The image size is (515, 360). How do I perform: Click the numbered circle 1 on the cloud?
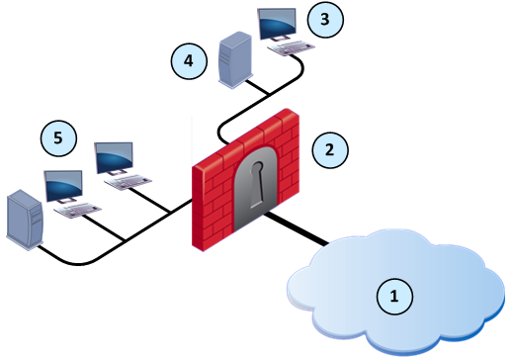point(394,294)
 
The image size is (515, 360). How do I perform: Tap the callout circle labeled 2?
point(330,150)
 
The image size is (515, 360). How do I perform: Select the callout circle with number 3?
point(324,17)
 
